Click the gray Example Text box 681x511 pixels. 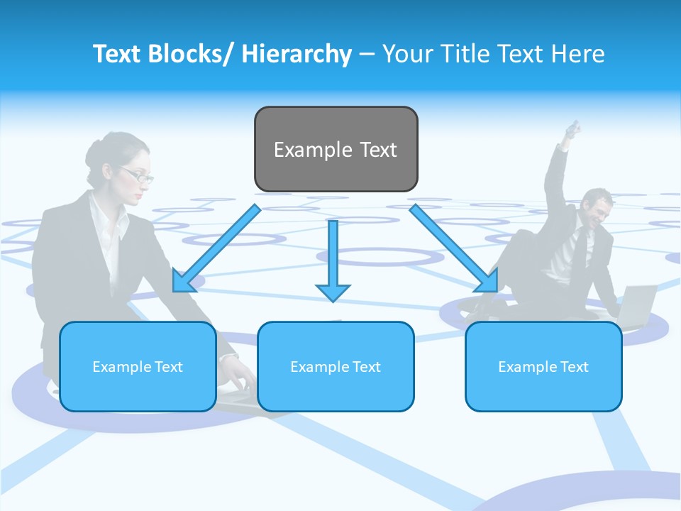tap(336, 149)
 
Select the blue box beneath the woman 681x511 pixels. tap(138, 366)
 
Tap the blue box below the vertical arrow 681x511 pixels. tap(336, 366)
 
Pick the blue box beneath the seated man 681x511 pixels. tap(543, 366)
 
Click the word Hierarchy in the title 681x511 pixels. tap(297, 54)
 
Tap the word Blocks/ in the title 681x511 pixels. tap(192, 54)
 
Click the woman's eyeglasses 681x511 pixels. tap(138, 174)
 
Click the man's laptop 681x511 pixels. tap(638, 302)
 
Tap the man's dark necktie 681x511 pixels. tap(580, 248)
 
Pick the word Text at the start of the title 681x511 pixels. tap(116, 54)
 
